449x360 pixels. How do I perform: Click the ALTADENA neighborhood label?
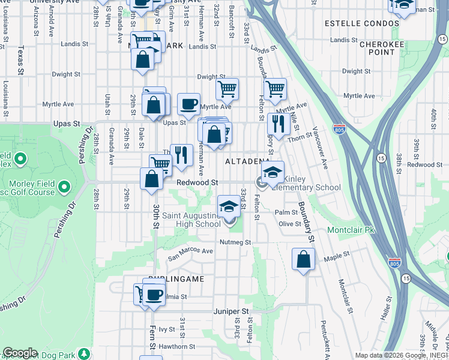pos(247,162)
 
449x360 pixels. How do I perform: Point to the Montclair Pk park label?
pos(351,230)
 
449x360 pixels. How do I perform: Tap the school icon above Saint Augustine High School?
pos(228,207)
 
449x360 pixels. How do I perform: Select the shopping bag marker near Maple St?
pos(303,259)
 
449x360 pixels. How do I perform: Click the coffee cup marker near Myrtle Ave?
pos(188,104)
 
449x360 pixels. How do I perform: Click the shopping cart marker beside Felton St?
pos(275,89)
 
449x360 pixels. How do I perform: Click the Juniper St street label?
pos(231,311)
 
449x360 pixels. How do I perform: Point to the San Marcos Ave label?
pos(190,251)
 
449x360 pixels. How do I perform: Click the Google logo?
pos(20,353)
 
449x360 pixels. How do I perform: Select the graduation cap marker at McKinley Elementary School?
pos(273,172)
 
